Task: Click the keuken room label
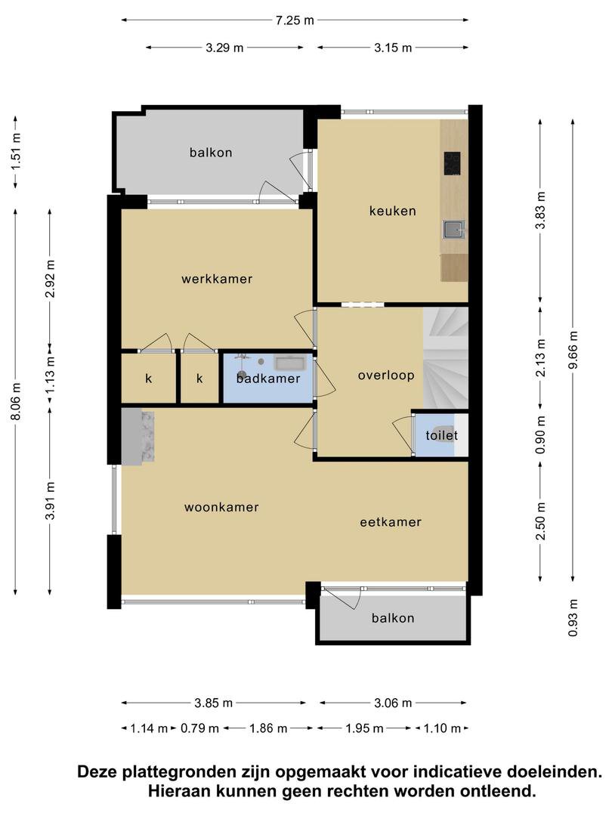coord(392,211)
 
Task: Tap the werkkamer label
coord(217,279)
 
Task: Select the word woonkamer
coord(221,508)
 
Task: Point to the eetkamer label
coord(391,522)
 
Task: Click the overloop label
coord(386,376)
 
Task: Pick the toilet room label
coord(442,435)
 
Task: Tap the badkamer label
coord(268,379)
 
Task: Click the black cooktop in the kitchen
coord(452,163)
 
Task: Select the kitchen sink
coord(453,229)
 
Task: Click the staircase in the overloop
coord(446,357)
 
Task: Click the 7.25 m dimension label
coord(295,20)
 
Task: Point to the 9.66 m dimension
coord(573,351)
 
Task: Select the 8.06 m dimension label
coord(16,401)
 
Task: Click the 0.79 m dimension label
coord(199,728)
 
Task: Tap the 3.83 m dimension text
coord(541,210)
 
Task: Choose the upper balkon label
coord(211,153)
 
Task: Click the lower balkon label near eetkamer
coord(393,618)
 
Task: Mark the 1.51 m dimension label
coord(16,151)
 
